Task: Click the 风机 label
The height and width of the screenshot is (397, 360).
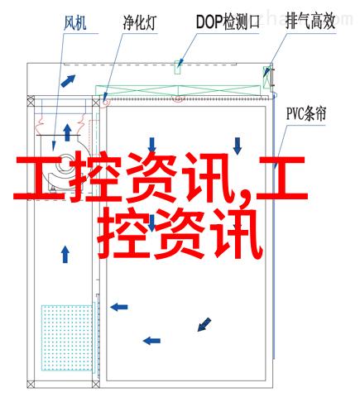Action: click(x=74, y=22)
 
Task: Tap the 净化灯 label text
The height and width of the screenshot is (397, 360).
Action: click(x=140, y=22)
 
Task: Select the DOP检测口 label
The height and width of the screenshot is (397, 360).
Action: click(x=228, y=22)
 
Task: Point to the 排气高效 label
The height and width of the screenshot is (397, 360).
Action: click(x=310, y=22)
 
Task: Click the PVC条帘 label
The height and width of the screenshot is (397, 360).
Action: click(x=306, y=113)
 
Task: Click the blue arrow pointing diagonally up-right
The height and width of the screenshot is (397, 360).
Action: click(x=68, y=81)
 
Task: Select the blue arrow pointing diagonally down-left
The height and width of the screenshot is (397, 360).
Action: click(x=204, y=324)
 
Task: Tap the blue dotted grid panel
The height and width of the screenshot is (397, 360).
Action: click(x=67, y=337)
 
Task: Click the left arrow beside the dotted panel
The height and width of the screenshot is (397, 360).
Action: click(x=119, y=307)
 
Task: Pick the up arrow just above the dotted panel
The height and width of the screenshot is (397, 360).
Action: click(x=65, y=254)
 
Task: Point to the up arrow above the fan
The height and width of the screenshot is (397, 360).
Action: click(x=67, y=132)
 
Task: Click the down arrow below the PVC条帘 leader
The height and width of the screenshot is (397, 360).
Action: click(x=238, y=146)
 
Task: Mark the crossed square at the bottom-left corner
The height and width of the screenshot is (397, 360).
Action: click(x=31, y=384)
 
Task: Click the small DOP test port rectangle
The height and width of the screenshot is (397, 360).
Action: click(x=177, y=67)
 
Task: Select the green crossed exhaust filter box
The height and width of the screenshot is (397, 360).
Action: click(x=266, y=77)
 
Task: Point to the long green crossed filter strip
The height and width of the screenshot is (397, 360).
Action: click(x=178, y=91)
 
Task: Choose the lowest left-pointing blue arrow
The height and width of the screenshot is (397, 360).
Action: click(x=151, y=341)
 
